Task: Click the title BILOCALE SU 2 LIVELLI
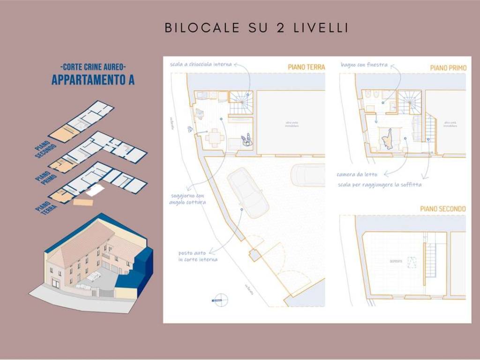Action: pos(256,28)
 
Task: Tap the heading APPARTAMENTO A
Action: pos(93,80)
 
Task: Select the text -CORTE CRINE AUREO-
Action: pos(93,67)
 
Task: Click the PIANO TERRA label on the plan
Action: pos(306,67)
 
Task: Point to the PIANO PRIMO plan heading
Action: pos(448,68)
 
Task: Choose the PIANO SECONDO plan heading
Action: pos(442,209)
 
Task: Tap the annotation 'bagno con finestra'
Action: pos(364,64)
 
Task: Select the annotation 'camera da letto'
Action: pos(357,174)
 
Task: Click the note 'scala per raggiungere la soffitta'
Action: pos(380,185)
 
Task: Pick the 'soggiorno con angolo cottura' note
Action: pos(187,199)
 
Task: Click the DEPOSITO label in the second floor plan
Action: pos(395,261)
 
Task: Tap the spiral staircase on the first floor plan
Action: pos(409,102)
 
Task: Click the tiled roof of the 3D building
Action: pos(80,244)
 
